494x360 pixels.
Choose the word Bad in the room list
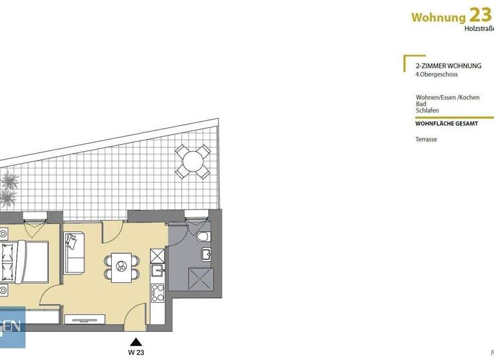point(421,104)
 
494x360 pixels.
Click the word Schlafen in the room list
point(427,111)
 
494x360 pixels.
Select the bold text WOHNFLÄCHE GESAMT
point(446,123)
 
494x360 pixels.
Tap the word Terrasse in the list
point(426,139)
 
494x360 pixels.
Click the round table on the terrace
point(192,161)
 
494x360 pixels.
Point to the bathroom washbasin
point(205,255)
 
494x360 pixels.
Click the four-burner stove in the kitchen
point(158,294)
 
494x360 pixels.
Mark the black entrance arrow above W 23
point(135,342)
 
